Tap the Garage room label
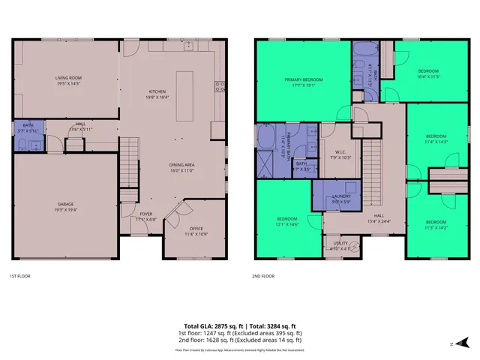(66, 205)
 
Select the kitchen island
(184, 95)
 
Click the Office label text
(196, 229)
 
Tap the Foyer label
(146, 216)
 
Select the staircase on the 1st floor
(130, 156)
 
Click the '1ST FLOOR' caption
(19, 276)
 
